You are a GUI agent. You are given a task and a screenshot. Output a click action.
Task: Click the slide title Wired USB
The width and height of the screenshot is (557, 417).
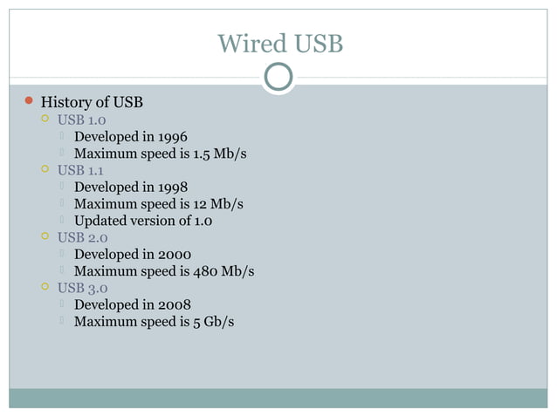coord(279,43)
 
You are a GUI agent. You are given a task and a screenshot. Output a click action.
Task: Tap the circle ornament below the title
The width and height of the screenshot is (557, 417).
coord(278,78)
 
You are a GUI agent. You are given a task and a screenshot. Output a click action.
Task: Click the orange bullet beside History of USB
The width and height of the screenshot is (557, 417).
coord(27,102)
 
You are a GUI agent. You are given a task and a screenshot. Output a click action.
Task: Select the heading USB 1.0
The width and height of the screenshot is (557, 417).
coord(82,120)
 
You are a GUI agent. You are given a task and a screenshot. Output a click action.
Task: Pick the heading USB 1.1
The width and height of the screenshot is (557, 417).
coord(81,170)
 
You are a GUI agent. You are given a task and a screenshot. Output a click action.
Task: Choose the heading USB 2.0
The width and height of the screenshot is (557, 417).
coord(82,237)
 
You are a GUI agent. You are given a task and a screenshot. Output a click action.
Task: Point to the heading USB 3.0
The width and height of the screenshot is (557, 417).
coord(82,288)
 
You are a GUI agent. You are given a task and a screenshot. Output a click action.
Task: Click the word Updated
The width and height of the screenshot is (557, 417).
coord(102,221)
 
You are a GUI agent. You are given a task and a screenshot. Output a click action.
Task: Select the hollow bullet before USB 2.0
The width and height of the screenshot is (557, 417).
coord(45,236)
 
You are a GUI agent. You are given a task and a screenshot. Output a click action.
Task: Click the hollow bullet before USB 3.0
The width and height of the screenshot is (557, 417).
coord(45,287)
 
